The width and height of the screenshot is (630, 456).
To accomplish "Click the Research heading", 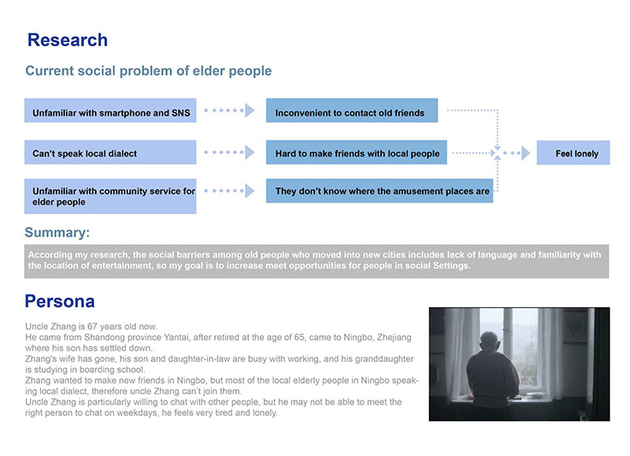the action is [68, 40].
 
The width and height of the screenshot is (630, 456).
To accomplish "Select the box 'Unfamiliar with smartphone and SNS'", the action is [110, 110].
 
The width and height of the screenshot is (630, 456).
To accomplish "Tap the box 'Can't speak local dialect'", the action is [110, 152].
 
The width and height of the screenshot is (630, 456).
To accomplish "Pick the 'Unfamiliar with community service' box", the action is [110, 196].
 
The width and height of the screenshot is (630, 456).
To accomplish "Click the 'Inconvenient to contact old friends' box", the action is [352, 110].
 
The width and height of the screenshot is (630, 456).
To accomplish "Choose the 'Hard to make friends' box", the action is [356, 152].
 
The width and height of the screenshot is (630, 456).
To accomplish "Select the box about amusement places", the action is [379, 191].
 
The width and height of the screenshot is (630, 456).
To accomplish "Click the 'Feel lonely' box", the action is [573, 152].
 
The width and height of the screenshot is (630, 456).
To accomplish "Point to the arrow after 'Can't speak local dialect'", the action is [229, 152].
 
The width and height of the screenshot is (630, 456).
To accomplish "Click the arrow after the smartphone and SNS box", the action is [229, 110].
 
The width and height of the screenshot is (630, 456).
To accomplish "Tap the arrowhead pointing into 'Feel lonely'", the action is [526, 153].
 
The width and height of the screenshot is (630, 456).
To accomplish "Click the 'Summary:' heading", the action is [57, 233].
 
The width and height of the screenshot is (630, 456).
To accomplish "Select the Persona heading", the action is [60, 301].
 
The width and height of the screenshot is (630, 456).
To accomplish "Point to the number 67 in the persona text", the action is [92, 326].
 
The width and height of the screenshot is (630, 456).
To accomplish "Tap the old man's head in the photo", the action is [490, 341].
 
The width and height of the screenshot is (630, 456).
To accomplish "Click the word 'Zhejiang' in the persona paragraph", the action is [394, 337].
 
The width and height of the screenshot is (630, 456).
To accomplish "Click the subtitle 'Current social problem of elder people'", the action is [149, 71].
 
